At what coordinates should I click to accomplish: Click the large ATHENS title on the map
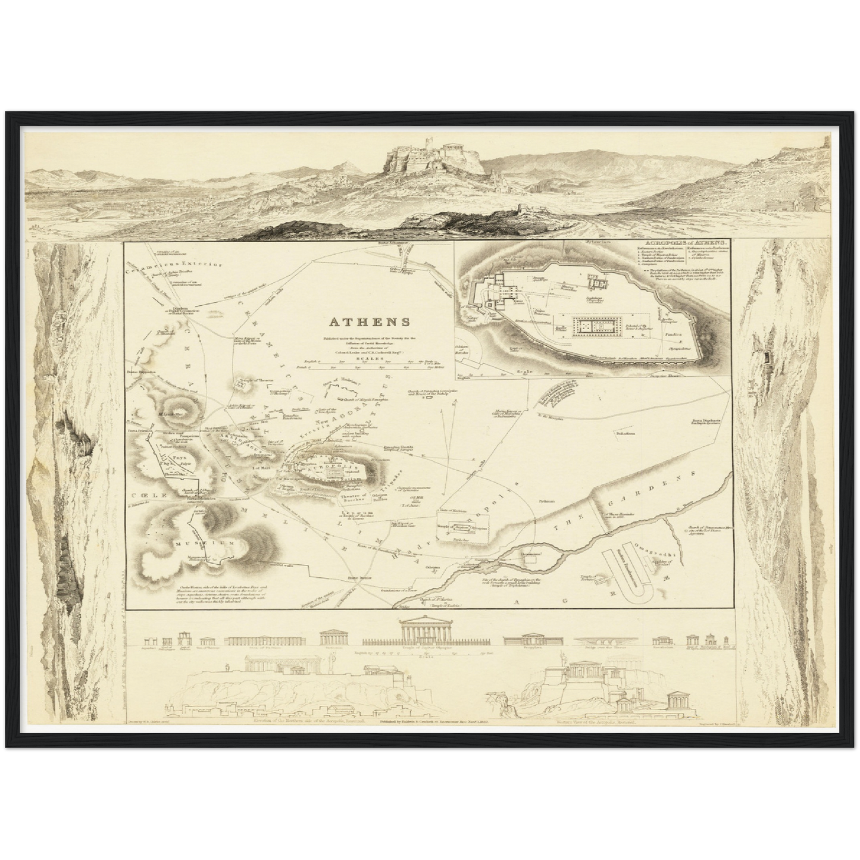coord(370,322)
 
